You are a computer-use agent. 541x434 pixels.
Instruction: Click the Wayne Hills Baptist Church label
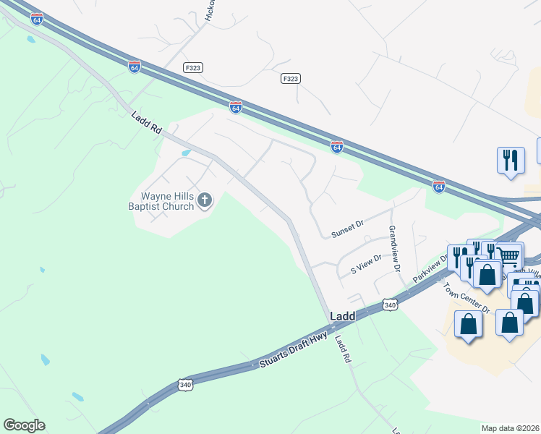coord(166,200)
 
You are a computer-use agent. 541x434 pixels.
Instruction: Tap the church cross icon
coord(205,200)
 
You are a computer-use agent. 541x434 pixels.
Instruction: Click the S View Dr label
coord(366,269)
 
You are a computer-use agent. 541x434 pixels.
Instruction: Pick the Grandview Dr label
coord(394,248)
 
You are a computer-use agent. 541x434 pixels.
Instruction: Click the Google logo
coord(24,425)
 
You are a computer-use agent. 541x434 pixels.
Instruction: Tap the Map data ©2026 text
coord(510,428)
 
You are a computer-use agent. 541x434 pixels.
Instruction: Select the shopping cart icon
coord(508,257)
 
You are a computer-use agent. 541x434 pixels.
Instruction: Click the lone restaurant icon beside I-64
coord(511,161)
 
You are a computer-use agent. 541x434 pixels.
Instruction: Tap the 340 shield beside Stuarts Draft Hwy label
coord(185,386)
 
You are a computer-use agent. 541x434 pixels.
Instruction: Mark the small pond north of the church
coord(186,153)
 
